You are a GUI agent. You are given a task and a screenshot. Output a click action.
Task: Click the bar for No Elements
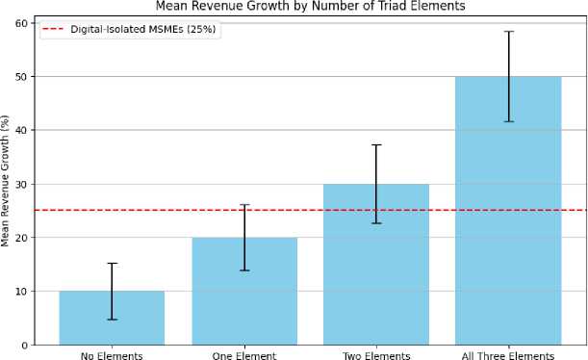click(112, 318)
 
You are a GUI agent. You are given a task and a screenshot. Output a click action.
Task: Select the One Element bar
click(244, 292)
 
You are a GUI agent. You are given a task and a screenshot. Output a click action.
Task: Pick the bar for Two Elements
click(376, 265)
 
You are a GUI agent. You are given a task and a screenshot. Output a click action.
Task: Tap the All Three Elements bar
click(508, 211)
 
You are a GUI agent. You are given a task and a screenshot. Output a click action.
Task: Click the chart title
click(310, 6)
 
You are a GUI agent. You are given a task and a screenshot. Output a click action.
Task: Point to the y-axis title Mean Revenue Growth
click(5, 181)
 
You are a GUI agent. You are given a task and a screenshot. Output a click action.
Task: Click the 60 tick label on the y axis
click(21, 23)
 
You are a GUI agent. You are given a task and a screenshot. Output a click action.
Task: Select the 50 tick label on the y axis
click(21, 77)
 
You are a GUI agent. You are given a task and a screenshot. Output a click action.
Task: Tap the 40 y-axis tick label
click(21, 131)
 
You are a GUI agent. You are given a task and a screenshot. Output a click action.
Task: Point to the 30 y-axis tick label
click(21, 184)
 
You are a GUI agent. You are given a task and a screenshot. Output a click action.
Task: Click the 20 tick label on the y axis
click(21, 238)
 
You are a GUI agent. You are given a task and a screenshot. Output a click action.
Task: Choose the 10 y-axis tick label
click(21, 292)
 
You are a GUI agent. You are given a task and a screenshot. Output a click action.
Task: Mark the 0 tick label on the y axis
click(25, 345)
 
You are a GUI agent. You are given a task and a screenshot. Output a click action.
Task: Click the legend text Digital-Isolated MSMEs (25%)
click(142, 29)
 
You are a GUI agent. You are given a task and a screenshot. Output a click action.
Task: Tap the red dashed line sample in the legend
click(53, 29)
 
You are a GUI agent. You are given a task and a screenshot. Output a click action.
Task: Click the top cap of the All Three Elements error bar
click(508, 32)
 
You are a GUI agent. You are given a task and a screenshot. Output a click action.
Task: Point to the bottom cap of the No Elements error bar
click(112, 320)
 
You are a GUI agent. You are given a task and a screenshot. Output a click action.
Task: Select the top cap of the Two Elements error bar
click(376, 144)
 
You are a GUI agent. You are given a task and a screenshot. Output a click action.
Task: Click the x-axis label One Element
click(244, 355)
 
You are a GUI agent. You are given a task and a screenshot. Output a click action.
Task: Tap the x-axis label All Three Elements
click(508, 355)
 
